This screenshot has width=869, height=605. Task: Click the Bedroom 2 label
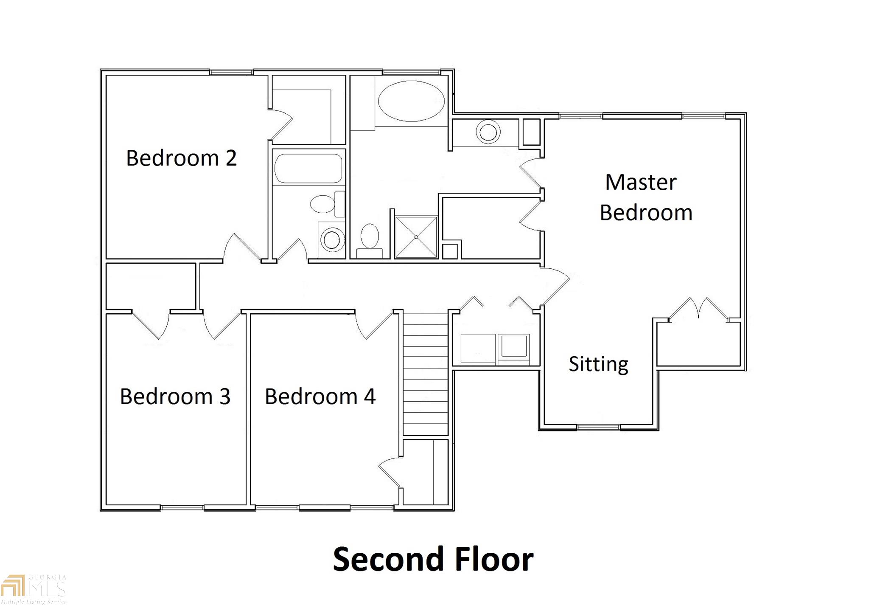181,158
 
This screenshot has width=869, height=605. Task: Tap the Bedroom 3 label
175,396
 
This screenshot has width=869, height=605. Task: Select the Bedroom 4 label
320,396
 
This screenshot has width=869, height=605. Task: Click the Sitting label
598,364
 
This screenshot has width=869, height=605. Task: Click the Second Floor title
433,559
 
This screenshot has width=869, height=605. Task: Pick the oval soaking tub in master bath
411,101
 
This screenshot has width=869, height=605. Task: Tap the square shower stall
416,237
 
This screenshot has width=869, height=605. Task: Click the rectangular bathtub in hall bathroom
308,168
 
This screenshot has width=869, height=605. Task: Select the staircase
425,374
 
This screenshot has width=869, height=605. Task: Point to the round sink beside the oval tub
488,132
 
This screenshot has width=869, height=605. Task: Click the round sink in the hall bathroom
332,240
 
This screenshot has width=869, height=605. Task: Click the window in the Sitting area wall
599,427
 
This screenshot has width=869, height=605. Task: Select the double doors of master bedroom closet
698,309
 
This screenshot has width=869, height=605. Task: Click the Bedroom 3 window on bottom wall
182,508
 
